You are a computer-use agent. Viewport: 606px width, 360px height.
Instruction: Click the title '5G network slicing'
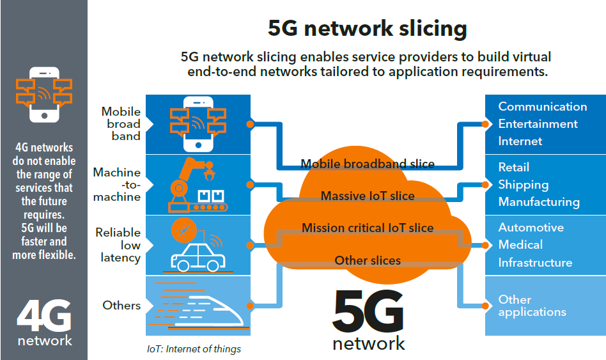pos(367,29)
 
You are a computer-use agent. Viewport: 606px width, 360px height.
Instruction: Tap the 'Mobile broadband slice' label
pos(368,164)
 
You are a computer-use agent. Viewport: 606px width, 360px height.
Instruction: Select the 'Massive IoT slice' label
pos(368,196)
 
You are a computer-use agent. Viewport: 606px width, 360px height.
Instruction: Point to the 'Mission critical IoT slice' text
pos(368,228)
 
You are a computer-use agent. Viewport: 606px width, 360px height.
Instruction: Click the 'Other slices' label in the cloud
pos(368,261)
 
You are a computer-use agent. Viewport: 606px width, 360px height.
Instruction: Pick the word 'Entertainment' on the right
pos(538,124)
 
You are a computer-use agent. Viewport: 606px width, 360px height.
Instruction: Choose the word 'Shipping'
pos(524,185)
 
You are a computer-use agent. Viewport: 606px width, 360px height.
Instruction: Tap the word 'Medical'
pos(520,245)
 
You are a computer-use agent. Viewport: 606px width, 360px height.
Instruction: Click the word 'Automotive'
pos(531,228)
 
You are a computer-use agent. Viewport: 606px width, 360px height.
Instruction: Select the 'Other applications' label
pos(532,306)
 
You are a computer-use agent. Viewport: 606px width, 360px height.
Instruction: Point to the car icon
pos(198,257)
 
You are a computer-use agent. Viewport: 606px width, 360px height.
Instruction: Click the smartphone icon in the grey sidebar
pos(45,95)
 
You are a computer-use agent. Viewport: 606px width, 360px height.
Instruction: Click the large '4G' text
pos(44,315)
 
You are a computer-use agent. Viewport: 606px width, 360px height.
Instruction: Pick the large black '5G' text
pos(368,311)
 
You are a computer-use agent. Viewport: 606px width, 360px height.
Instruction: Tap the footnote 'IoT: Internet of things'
pos(194,349)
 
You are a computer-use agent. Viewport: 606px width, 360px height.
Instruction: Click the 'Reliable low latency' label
pos(118,245)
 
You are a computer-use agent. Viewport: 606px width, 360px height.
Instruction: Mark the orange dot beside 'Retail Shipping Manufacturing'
pos(485,185)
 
